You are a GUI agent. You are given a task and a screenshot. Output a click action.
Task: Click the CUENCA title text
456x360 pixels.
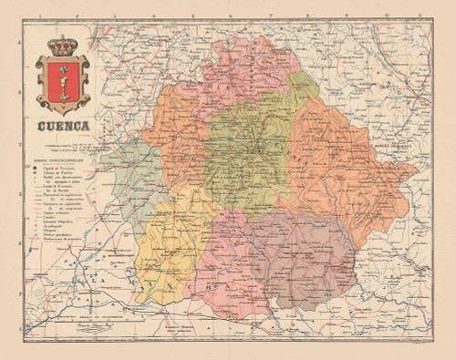[62, 127]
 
